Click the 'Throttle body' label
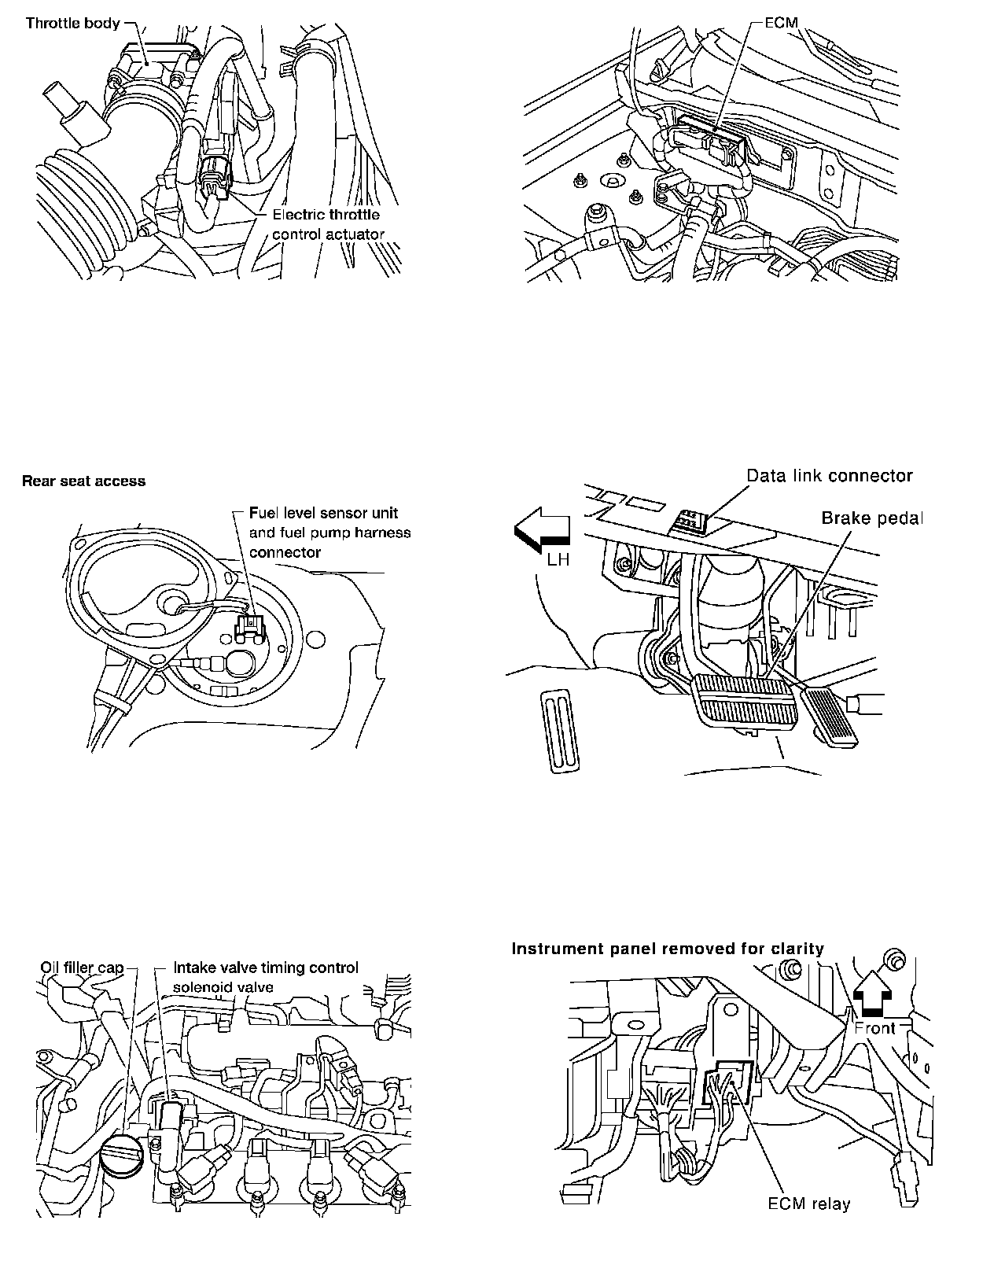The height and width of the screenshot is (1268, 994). (x=72, y=23)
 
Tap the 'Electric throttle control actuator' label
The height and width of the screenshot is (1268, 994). (x=327, y=224)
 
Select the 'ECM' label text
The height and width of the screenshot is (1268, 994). (x=781, y=23)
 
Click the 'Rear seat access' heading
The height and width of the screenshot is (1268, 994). (x=83, y=481)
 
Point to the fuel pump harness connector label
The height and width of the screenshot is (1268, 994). (x=329, y=533)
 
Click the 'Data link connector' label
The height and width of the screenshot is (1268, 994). (x=829, y=476)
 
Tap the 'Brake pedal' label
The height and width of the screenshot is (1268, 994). (x=871, y=518)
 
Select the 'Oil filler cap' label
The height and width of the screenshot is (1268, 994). (x=82, y=968)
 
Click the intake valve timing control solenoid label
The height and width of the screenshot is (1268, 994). (x=265, y=975)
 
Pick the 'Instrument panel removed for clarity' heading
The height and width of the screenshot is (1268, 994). (x=668, y=949)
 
